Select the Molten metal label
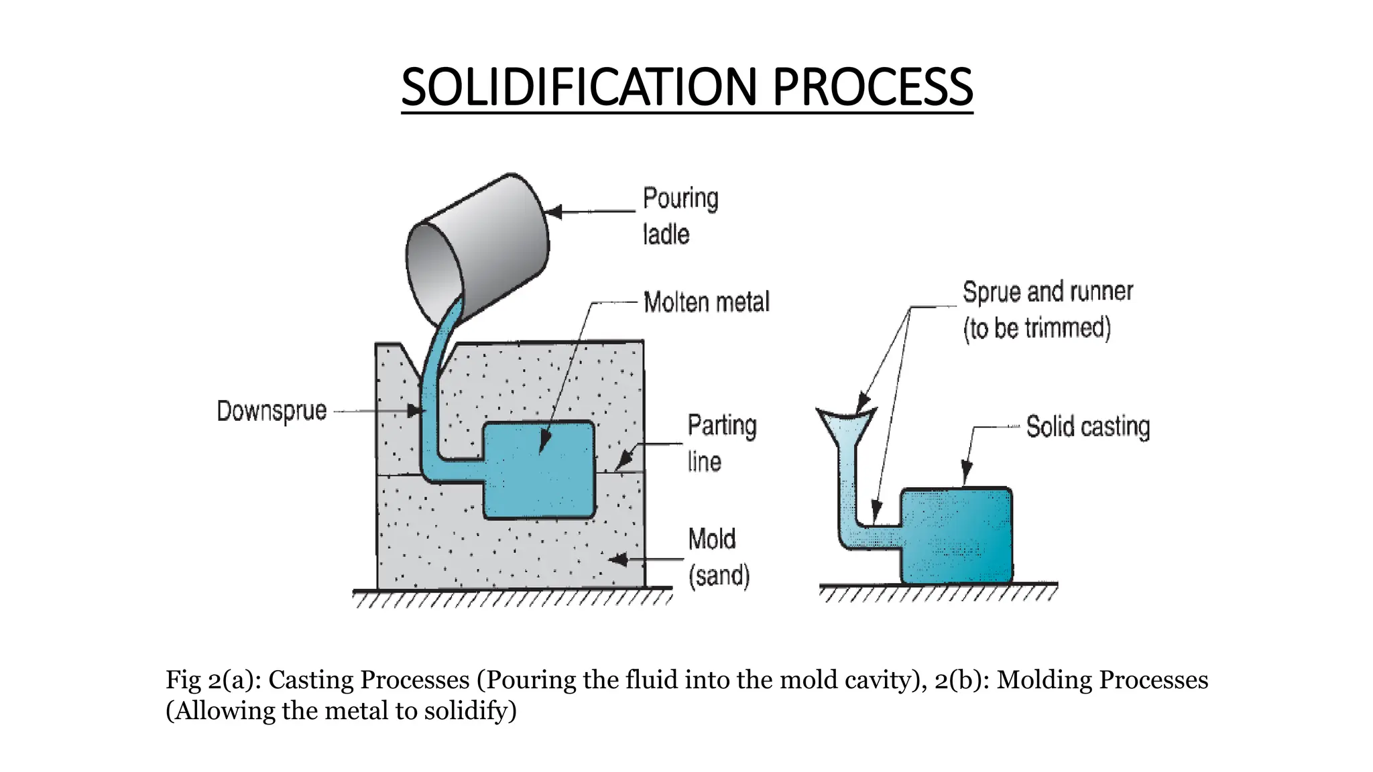(x=706, y=302)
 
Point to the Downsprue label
(x=272, y=411)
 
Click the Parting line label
(x=721, y=443)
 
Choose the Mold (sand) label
(x=718, y=557)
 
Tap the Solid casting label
(x=1087, y=427)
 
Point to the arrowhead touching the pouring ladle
(x=554, y=212)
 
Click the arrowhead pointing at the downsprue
(x=415, y=410)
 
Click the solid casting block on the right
(x=956, y=536)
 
